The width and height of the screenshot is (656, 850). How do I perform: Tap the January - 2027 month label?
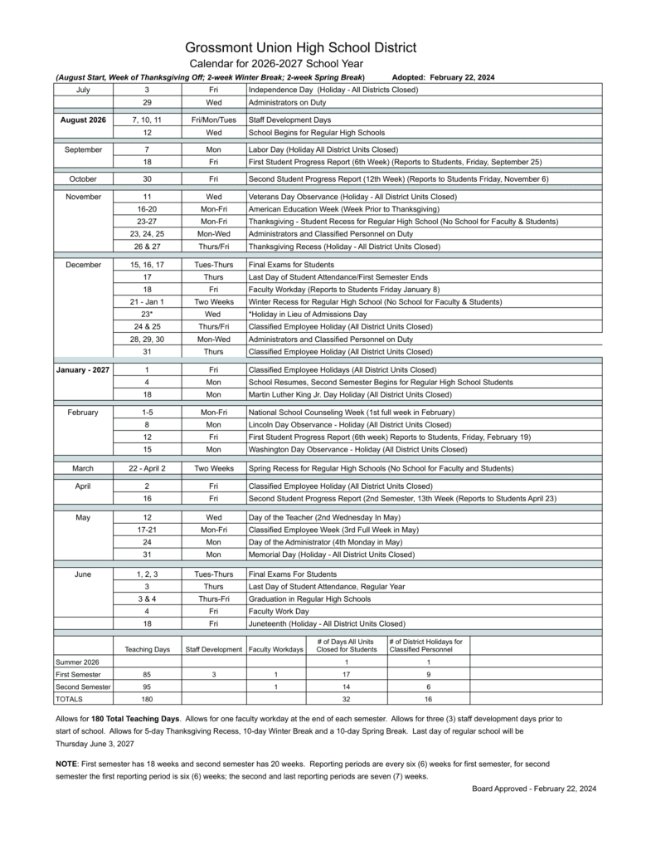[x=83, y=369]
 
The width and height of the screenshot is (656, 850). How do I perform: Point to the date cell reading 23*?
[x=147, y=315]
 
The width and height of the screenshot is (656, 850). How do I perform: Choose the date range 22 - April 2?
[x=147, y=469]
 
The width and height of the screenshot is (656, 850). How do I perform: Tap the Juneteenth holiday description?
[x=327, y=623]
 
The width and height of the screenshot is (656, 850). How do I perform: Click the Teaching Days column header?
[x=147, y=649]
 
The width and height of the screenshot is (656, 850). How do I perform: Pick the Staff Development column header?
[x=213, y=649]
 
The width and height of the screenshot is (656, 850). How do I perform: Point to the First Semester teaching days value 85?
[x=147, y=675]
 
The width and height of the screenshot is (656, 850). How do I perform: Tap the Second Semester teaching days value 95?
[x=147, y=687]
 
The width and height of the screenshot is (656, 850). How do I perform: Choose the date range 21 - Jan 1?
[x=147, y=302]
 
